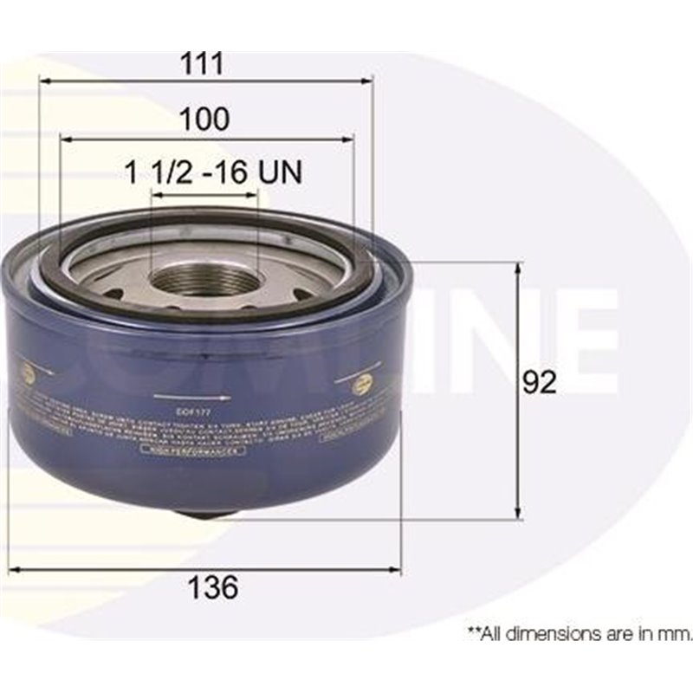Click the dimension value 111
[x=206, y=63]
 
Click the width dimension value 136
[x=213, y=587]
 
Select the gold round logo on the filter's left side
[x=27, y=374]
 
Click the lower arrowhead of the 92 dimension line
[x=518, y=515]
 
